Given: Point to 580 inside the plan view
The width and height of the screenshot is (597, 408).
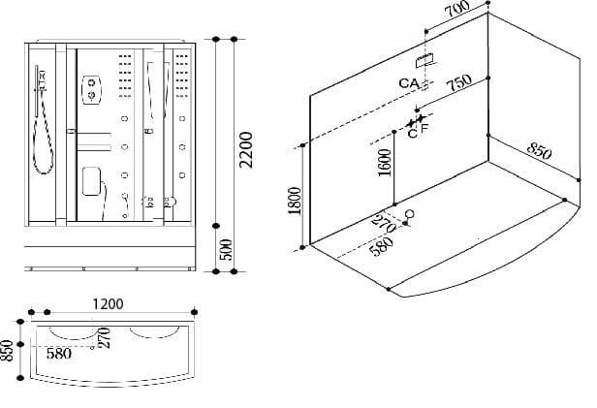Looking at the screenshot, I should pyautogui.click(x=59, y=354).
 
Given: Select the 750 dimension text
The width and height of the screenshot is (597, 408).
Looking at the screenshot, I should pyautogui.click(x=459, y=84).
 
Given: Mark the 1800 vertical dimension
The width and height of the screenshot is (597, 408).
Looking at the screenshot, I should pyautogui.click(x=296, y=203).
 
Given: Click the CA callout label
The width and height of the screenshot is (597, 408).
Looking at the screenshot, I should pyautogui.click(x=408, y=83).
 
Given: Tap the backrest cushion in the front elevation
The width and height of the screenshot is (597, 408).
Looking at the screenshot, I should pyautogui.click(x=93, y=181).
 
